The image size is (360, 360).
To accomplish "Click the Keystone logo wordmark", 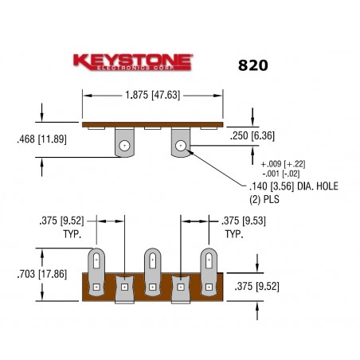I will pos(133,61).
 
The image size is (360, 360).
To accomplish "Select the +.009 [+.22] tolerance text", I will pos(283,163).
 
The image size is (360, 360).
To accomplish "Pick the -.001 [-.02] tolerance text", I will pos(284,173).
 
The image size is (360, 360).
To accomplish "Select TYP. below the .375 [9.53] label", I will pos(233,235).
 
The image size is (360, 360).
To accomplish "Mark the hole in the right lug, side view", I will pos(182,145).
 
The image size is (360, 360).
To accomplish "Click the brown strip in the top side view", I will pos(151,124).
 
